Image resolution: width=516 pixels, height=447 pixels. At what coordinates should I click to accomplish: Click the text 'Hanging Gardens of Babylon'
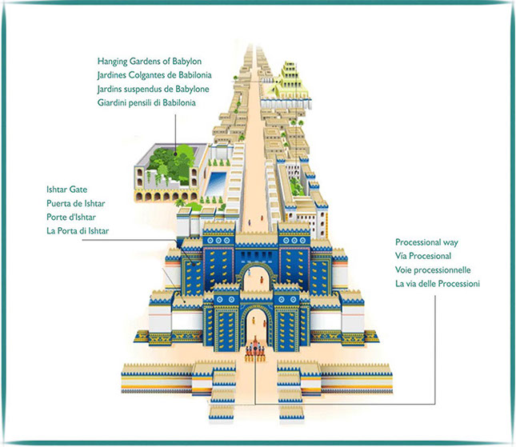pyautogui.click(x=148, y=61)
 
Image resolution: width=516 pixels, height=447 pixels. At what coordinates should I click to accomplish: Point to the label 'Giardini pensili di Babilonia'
pyautogui.click(x=147, y=102)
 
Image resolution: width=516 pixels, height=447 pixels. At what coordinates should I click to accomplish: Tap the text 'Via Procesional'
pyautogui.click(x=423, y=255)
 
